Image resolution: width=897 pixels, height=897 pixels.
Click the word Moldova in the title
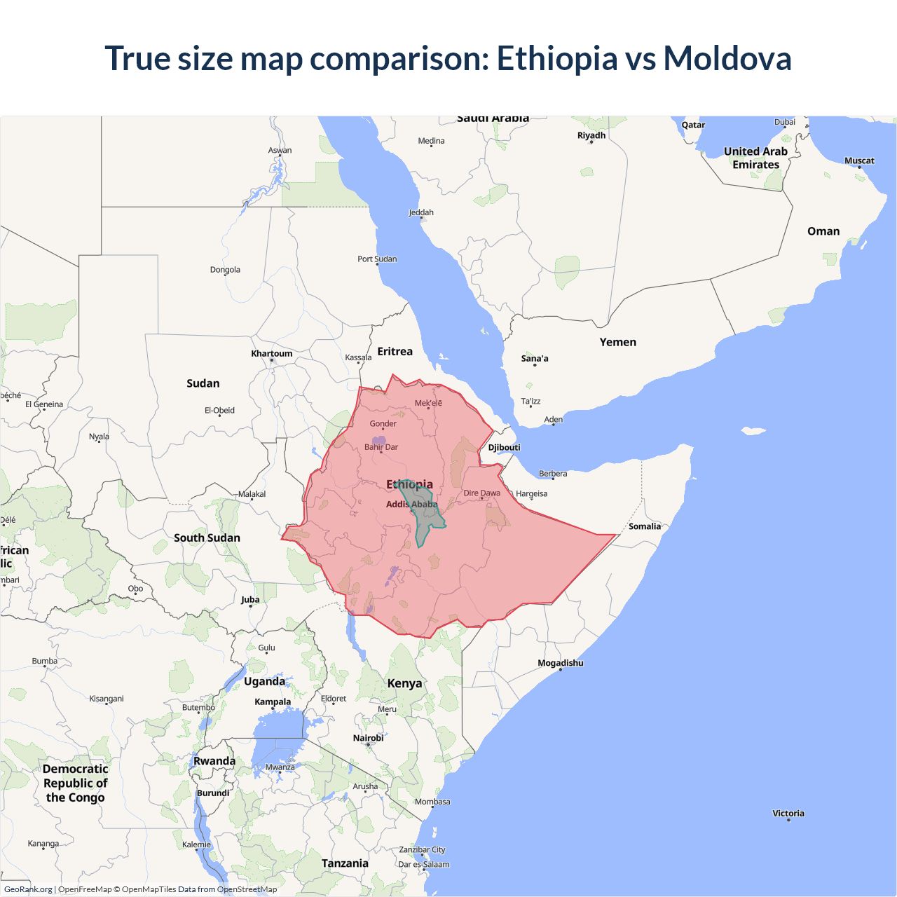click(727, 58)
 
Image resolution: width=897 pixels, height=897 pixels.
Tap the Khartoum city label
click(272, 353)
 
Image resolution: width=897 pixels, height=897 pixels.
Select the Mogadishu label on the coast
click(560, 663)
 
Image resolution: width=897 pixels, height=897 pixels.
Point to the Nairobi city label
click(368, 738)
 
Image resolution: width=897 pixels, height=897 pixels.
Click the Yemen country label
click(617, 342)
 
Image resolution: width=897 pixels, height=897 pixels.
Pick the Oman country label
click(823, 231)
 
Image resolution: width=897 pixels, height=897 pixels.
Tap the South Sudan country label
click(207, 537)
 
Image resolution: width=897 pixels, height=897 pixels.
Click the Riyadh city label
click(591, 135)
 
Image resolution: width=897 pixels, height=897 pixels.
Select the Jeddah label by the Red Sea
click(420, 212)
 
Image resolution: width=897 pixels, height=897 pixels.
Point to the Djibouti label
click(504, 447)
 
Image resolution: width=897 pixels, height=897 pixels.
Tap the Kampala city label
click(273, 701)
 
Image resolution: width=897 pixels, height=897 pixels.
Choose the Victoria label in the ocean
click(788, 814)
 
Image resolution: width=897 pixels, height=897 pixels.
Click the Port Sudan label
click(377, 259)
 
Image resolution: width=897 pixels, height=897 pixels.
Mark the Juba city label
click(250, 599)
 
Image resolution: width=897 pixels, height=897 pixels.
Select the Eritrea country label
click(395, 351)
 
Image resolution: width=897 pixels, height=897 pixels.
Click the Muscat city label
click(859, 160)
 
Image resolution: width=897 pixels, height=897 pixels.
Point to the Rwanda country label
click(214, 761)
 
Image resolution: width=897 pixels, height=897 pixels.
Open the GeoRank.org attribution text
click(28, 889)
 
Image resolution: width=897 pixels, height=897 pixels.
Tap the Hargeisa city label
click(531, 493)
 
